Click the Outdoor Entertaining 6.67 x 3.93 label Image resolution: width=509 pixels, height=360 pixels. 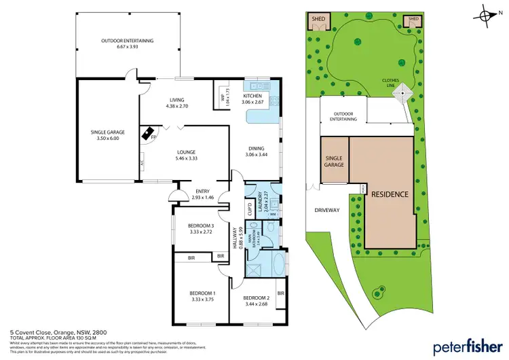tap(127, 44)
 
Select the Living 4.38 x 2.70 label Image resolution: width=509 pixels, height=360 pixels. tap(172, 103)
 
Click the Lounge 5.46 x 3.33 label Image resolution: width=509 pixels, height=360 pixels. tap(187, 155)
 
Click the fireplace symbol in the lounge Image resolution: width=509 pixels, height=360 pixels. tap(147, 134)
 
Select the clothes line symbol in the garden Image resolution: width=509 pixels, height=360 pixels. tap(404, 92)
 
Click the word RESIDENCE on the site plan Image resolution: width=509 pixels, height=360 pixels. tap(390, 194)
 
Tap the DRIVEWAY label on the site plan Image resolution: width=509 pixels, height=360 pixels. tap(326, 210)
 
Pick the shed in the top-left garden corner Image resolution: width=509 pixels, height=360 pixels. tap(318, 21)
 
